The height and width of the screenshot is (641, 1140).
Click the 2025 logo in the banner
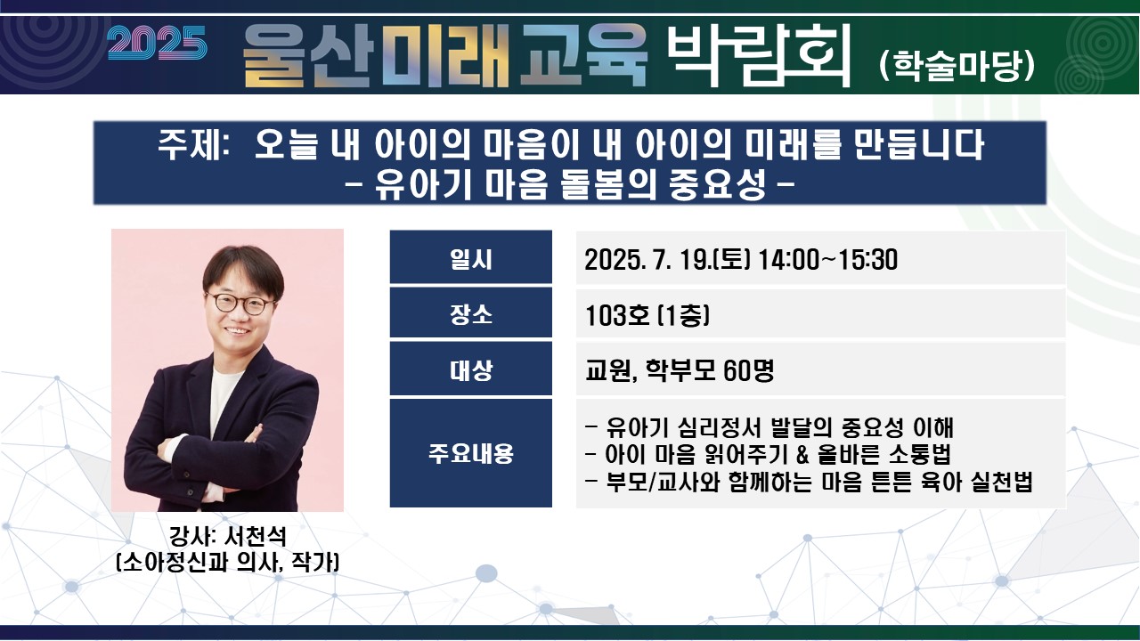click(x=158, y=44)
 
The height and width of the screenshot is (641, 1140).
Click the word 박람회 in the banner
click(x=758, y=55)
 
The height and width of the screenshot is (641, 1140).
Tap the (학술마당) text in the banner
click(x=957, y=66)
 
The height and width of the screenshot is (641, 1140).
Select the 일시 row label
click(x=471, y=259)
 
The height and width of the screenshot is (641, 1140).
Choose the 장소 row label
click(x=471, y=314)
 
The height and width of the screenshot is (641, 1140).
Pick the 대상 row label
click(x=471, y=369)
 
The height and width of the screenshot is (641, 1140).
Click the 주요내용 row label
click(x=471, y=453)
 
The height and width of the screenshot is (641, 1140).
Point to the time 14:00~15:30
click(x=828, y=259)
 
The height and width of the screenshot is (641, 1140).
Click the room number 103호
click(x=617, y=315)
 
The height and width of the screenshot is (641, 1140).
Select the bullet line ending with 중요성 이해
click(x=769, y=427)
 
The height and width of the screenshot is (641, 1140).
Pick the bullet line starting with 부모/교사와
click(x=809, y=482)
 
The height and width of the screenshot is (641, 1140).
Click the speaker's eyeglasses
click(x=240, y=304)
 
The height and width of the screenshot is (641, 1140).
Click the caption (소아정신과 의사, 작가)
click(x=227, y=562)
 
